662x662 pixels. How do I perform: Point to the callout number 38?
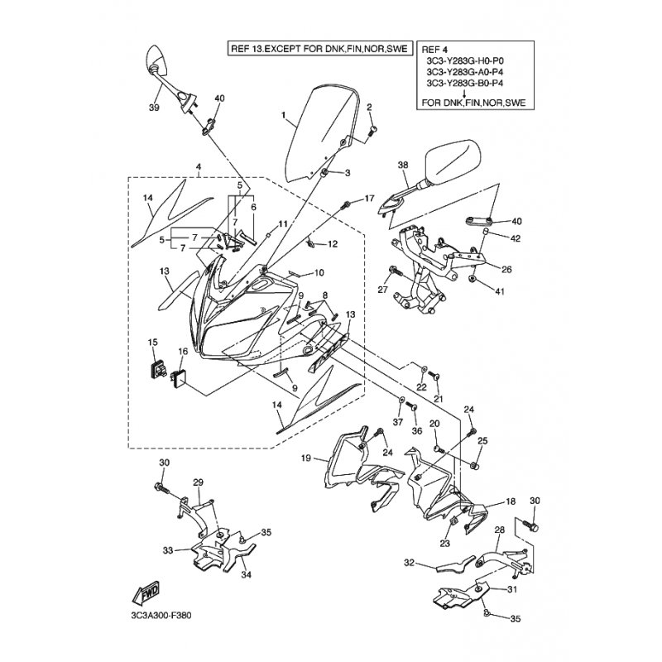tap(403, 166)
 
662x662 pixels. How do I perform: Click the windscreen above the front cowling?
tap(324, 132)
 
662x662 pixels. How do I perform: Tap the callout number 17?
tap(369, 199)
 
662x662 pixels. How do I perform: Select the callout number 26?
tap(506, 268)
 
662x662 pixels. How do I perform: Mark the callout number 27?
tap(382, 290)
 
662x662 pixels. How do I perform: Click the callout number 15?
tap(152, 343)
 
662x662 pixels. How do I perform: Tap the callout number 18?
tap(511, 501)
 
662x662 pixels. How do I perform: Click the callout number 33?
tap(168, 549)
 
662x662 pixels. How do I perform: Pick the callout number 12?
tap(333, 244)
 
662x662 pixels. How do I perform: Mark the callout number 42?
tap(516, 239)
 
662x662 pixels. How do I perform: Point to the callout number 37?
tap(398, 422)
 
